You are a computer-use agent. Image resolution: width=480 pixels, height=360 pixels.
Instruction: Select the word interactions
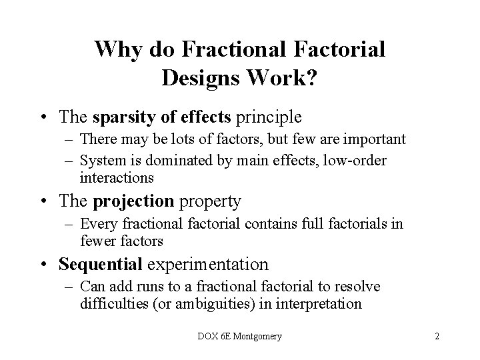tap(117, 177)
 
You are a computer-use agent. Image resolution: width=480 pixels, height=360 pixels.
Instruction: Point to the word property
tap(211, 201)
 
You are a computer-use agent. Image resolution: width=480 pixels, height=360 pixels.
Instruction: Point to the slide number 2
tap(437, 337)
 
